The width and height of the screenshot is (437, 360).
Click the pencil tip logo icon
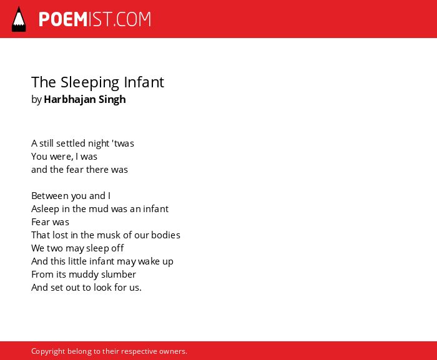pos(19,19)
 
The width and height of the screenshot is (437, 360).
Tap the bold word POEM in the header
pos(63,19)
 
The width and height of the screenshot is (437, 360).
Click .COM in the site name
pos(132,19)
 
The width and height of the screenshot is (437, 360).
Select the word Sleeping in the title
pos(90,83)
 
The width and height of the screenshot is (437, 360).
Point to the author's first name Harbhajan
pos(70,99)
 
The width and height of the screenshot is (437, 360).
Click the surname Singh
pos(112,100)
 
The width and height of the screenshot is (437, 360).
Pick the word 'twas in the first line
pos(123,144)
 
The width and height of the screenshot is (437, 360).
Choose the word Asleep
pos(45,209)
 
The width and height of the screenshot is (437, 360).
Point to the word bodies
pos(165,235)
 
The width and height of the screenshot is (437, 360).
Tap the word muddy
pos(84,275)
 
